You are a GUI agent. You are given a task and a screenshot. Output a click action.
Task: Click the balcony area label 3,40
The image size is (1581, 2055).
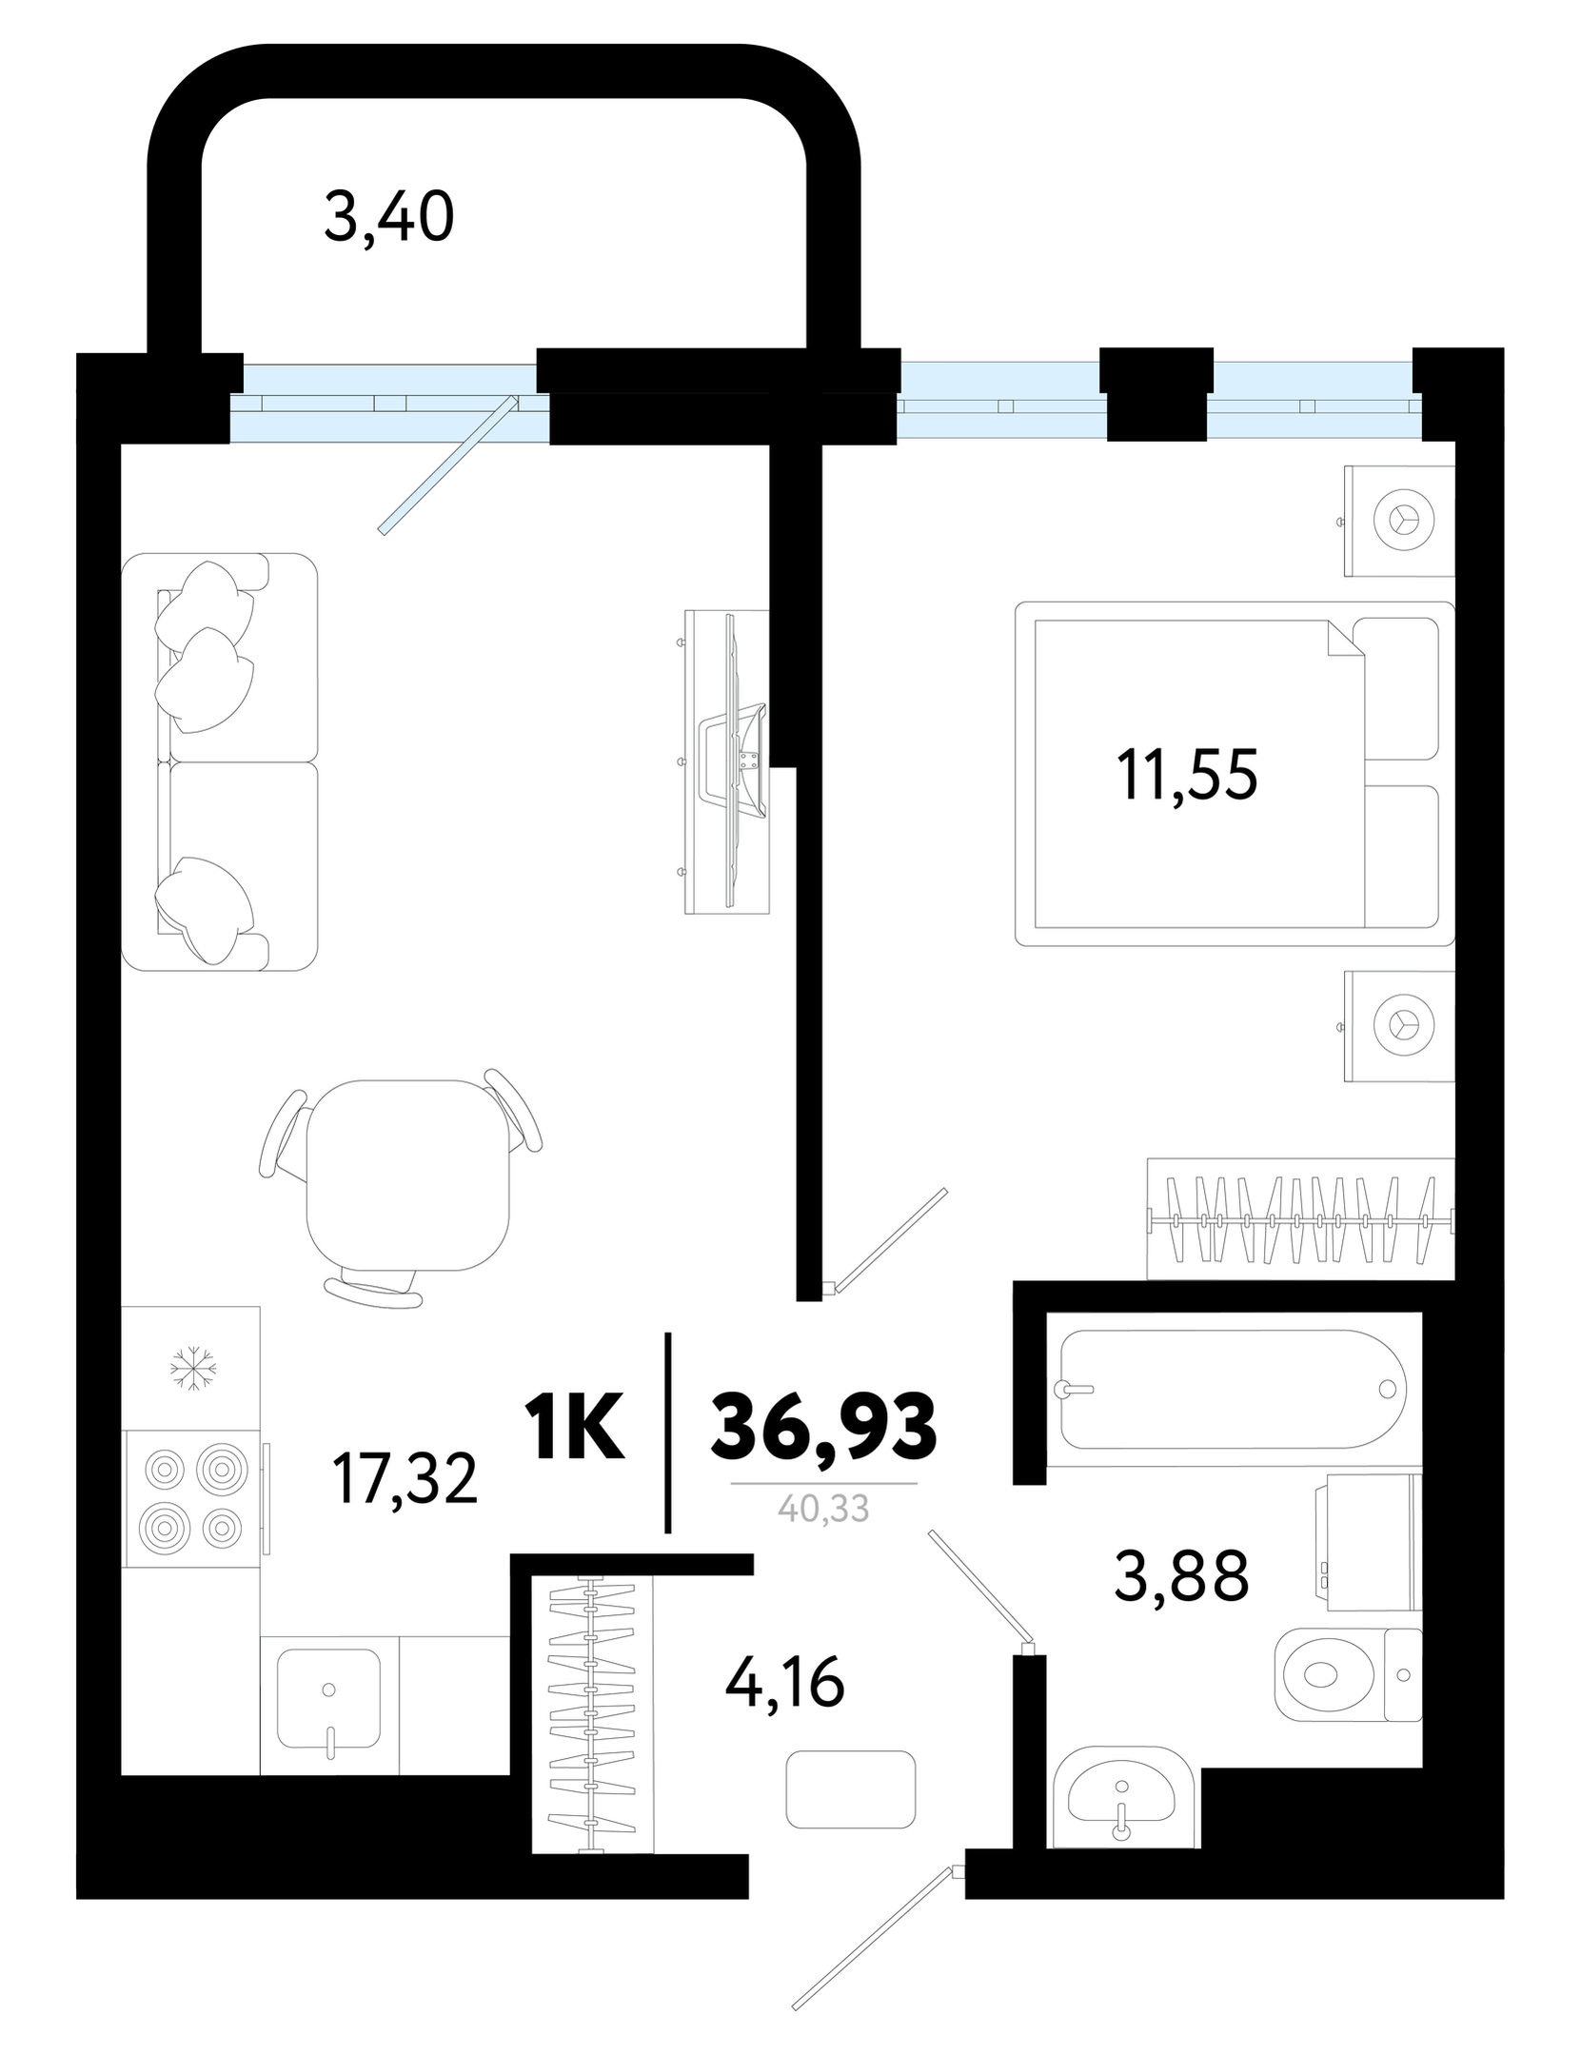tap(388, 218)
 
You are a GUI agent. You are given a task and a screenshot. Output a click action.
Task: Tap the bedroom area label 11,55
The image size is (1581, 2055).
tap(1187, 775)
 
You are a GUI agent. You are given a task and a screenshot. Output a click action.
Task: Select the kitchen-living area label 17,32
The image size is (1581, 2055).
tap(405, 1480)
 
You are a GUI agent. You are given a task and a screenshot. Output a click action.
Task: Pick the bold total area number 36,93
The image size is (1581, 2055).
tap(824, 1428)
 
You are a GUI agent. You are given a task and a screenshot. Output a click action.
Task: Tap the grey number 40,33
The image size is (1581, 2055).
tap(823, 1510)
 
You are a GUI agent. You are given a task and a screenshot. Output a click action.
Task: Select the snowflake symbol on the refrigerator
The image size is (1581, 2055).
tap(193, 1368)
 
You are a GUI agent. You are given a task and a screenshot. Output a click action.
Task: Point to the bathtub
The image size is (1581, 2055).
tap(1233, 1389)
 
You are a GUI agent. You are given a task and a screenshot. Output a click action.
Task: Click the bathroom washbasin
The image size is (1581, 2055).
tap(1123, 1795)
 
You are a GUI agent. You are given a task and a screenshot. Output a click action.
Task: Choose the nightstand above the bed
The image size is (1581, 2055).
tap(1399, 521)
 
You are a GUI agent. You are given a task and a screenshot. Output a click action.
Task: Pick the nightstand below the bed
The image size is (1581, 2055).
tap(1399, 1025)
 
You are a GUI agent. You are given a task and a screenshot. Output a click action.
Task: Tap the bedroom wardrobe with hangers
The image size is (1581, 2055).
tap(1300, 1219)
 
